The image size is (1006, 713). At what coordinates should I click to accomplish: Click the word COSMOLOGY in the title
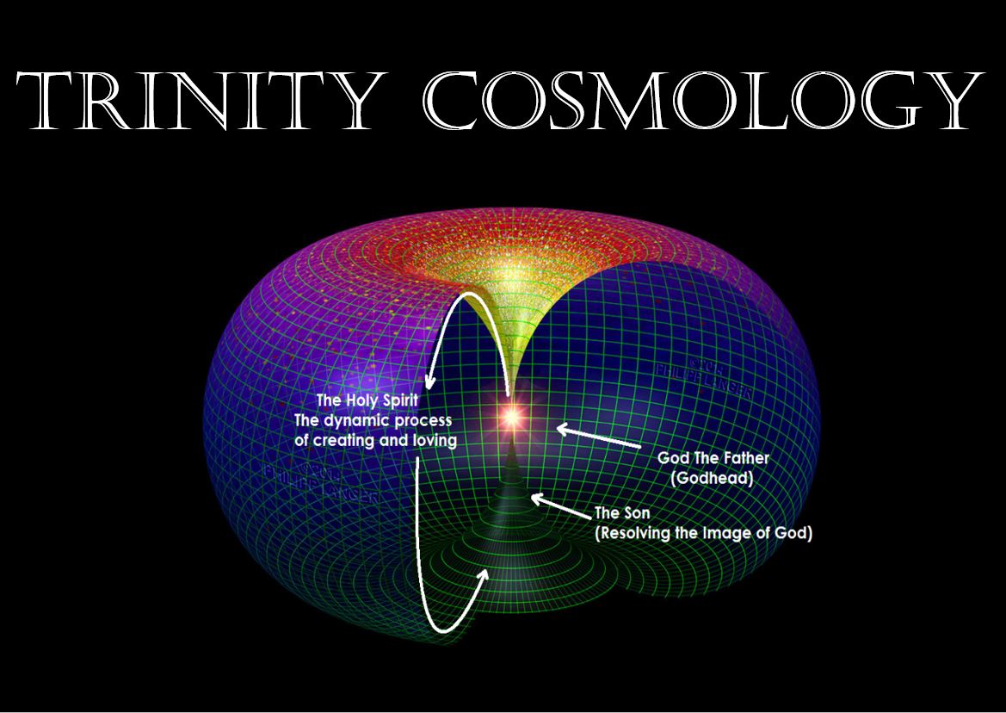coord(705,101)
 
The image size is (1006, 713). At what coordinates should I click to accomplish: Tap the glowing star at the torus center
coord(511,417)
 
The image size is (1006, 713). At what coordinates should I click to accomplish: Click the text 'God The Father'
coord(713,458)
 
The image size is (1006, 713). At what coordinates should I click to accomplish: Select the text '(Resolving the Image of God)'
coord(704,533)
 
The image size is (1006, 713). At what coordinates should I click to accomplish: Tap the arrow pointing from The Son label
coord(561,507)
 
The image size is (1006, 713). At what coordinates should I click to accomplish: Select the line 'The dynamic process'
coord(373,420)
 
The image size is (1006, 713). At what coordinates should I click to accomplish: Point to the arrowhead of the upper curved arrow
coord(428,385)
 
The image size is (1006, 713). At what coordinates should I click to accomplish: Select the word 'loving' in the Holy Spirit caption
coord(435,439)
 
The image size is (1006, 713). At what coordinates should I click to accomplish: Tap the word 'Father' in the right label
coord(745,458)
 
